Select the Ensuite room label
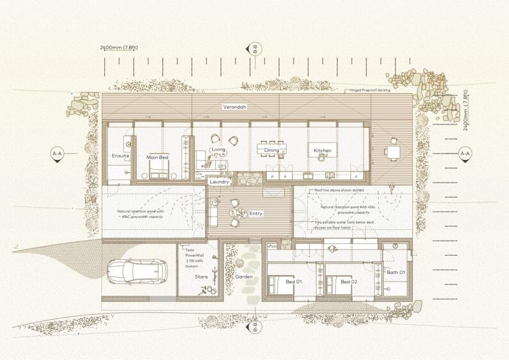pyautogui.click(x=120, y=156)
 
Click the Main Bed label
pyautogui.click(x=157, y=157)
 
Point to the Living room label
pyautogui.click(x=218, y=149)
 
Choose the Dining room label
pyautogui.click(x=271, y=150)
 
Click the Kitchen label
pyautogui.click(x=323, y=150)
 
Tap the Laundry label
pyautogui.click(x=219, y=182)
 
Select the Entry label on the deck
pyautogui.click(x=255, y=214)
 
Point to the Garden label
pyautogui.click(x=244, y=277)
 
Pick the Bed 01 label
pyautogui.click(x=294, y=282)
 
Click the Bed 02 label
pyautogui.click(x=349, y=282)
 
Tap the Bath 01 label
pyautogui.click(x=395, y=272)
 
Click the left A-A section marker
pyautogui.click(x=57, y=154)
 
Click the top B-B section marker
pyautogui.click(x=254, y=49)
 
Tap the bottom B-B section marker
pyautogui.click(x=254, y=327)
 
